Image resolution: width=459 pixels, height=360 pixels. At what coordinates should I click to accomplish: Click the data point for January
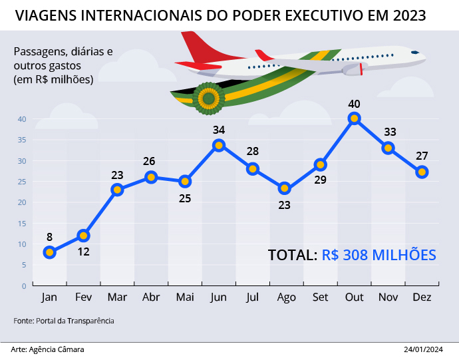tap(49, 252)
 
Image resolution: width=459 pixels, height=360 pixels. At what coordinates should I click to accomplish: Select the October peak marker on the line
tap(355, 118)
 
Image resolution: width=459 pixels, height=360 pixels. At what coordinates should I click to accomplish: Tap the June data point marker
tap(219, 145)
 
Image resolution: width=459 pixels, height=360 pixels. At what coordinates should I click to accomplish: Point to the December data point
tap(422, 172)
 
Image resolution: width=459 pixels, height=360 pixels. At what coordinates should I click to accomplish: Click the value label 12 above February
tap(84, 252)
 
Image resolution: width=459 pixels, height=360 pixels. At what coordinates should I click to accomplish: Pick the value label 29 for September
tap(320, 180)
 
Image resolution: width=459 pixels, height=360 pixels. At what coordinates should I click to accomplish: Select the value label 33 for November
tap(390, 132)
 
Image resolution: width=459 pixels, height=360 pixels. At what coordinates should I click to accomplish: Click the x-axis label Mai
tap(185, 297)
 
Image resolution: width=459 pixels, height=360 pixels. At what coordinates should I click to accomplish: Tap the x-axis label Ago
tap(286, 297)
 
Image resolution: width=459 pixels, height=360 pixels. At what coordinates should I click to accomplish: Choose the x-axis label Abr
tap(151, 297)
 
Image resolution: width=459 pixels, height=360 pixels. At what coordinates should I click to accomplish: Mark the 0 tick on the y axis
tap(23, 286)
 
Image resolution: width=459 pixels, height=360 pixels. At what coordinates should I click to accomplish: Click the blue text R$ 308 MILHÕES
tap(379, 255)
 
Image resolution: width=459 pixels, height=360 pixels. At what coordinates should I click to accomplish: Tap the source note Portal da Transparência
tap(74, 321)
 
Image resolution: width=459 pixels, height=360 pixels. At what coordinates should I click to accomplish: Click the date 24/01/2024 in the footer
tap(423, 349)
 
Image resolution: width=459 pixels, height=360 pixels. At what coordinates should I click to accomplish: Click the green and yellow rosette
tap(208, 98)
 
